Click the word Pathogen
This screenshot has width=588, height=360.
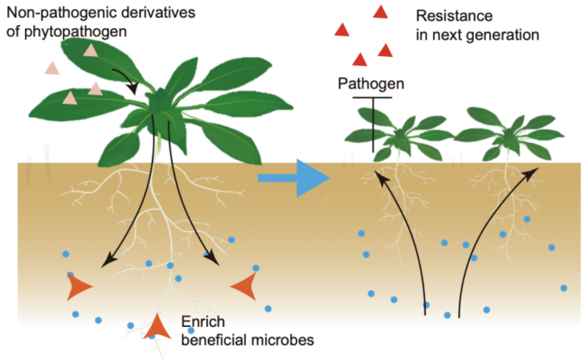click(370, 84)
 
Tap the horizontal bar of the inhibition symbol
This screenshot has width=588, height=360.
click(371, 97)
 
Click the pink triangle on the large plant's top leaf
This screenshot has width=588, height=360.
click(90, 49)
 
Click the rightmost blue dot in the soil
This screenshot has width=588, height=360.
click(564, 288)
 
